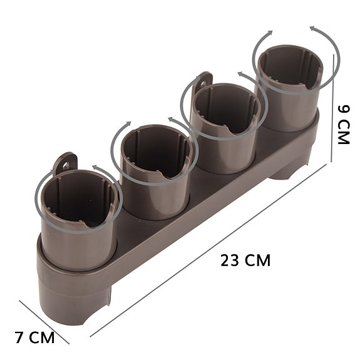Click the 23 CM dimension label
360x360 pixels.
tap(245, 260)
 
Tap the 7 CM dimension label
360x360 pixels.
tap(34, 338)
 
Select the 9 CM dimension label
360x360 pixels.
tap(343, 125)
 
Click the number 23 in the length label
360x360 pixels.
tap(230, 260)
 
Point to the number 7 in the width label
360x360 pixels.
tap(19, 338)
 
